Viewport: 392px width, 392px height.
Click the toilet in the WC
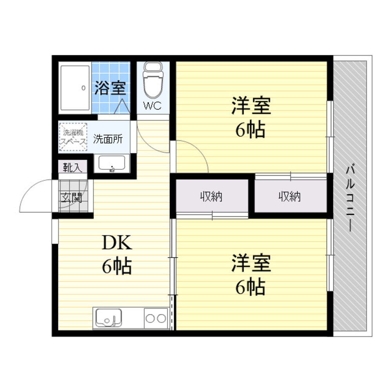tap(153, 80)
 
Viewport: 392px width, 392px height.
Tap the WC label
tap(152, 106)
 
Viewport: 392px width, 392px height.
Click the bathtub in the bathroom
tap(75, 88)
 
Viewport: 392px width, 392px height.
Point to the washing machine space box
tap(73, 137)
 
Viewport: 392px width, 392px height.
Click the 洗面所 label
tap(108, 139)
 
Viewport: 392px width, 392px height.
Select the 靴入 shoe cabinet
tap(73, 167)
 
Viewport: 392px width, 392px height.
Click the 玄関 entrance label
tap(71, 198)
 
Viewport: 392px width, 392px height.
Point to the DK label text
tap(117, 243)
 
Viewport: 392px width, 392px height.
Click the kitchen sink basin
tap(109, 318)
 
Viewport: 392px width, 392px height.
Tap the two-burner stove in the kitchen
tap(156, 318)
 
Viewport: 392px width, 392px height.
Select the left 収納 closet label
tap(211, 197)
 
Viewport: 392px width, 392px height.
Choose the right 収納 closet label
tap(290, 197)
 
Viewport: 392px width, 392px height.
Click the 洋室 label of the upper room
tap(251, 106)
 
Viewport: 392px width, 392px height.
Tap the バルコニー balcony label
tap(350, 198)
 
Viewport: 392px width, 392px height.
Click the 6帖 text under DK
tap(117, 266)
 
